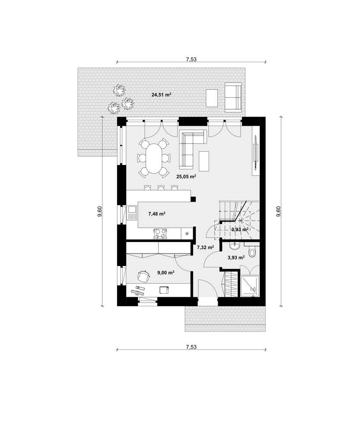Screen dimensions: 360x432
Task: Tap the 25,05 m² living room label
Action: [186, 176]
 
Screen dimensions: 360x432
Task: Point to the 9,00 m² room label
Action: [166, 273]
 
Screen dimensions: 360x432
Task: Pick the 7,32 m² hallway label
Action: [205, 248]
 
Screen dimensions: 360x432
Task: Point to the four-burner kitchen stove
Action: [160, 234]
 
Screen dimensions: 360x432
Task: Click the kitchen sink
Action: [132, 213]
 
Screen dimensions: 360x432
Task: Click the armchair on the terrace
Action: [233, 97]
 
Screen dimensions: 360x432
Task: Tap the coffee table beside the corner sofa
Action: [204, 159]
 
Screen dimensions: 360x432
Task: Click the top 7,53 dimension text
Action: [191, 60]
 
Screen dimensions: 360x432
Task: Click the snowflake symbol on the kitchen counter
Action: [187, 234]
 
